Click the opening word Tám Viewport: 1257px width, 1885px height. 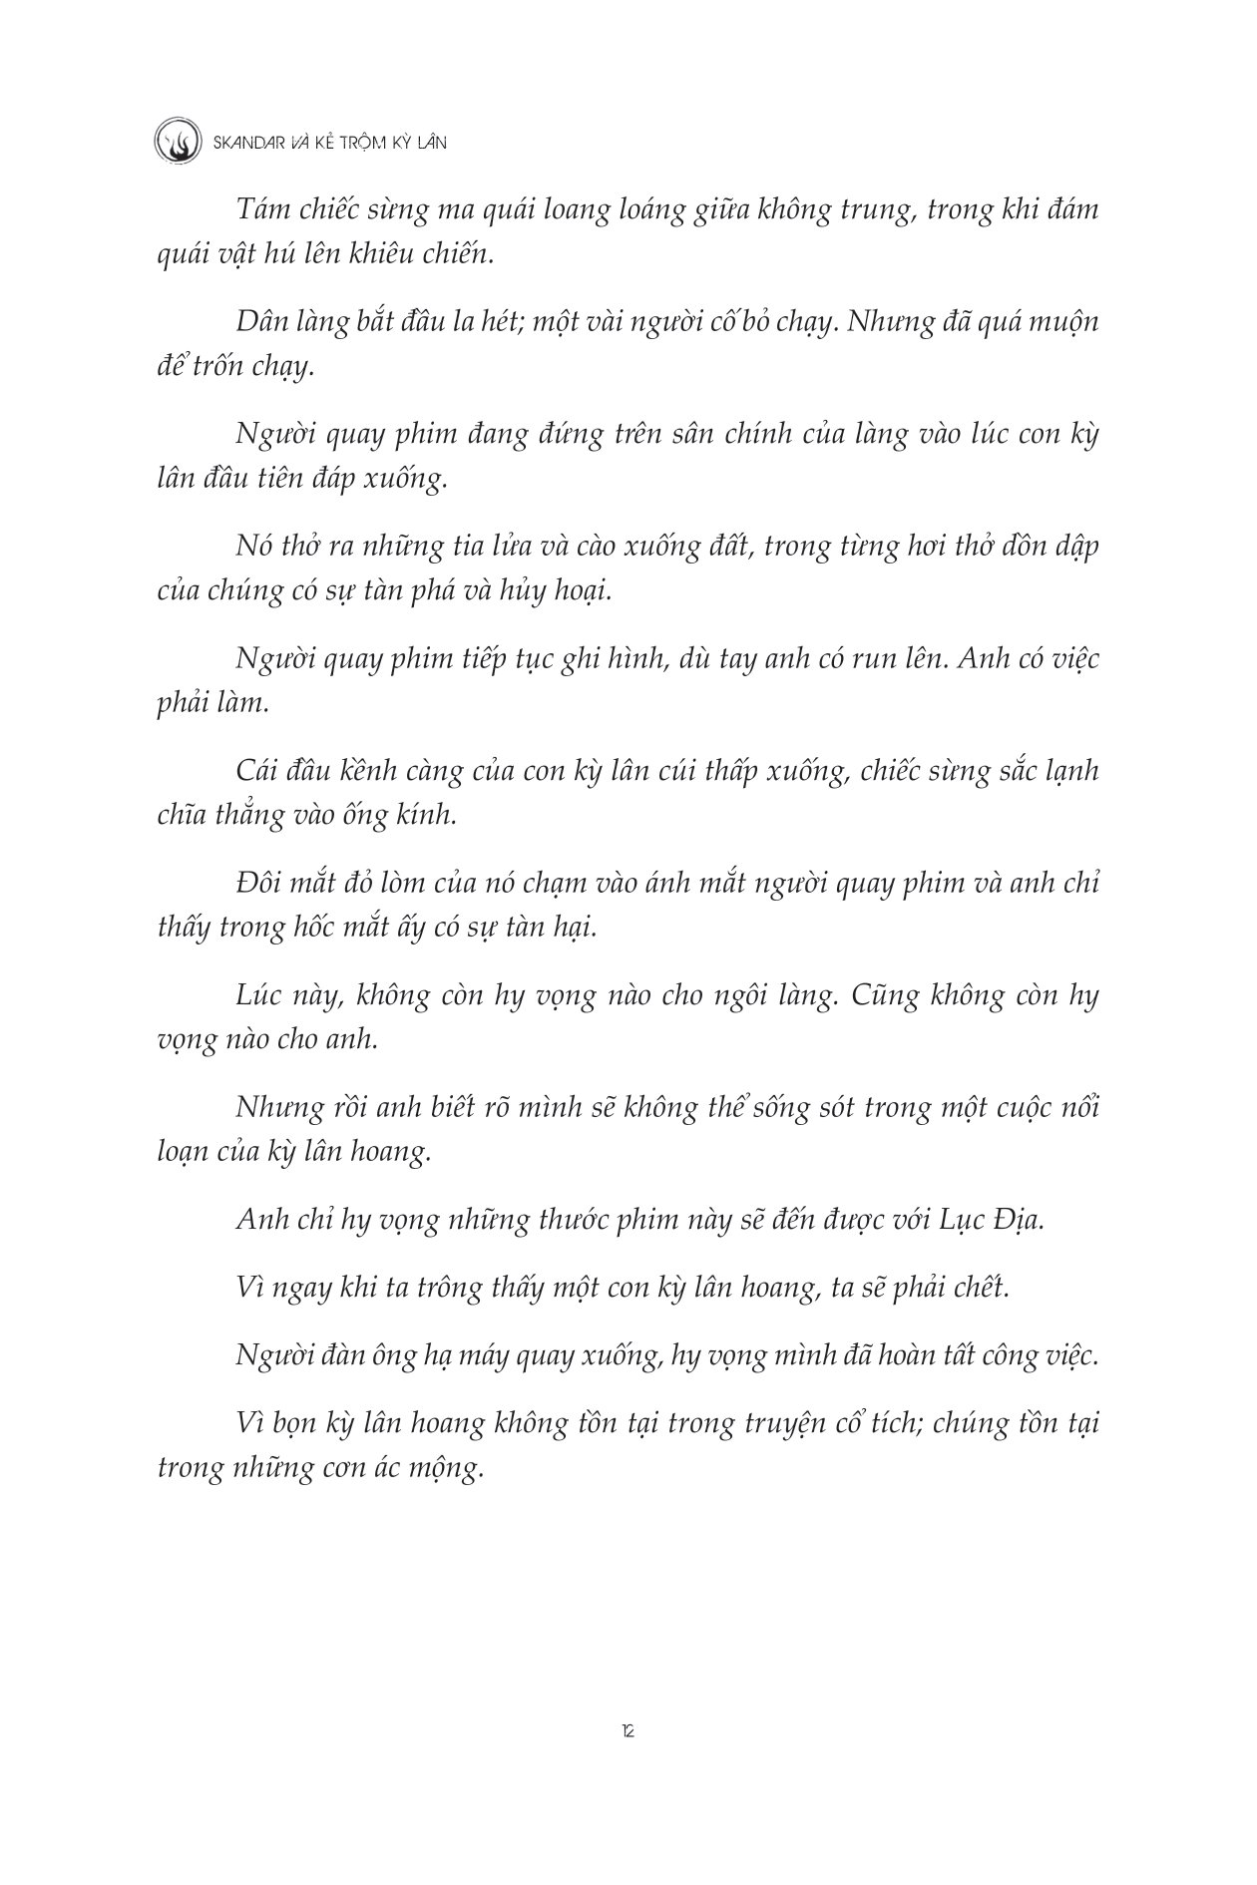point(261,211)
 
